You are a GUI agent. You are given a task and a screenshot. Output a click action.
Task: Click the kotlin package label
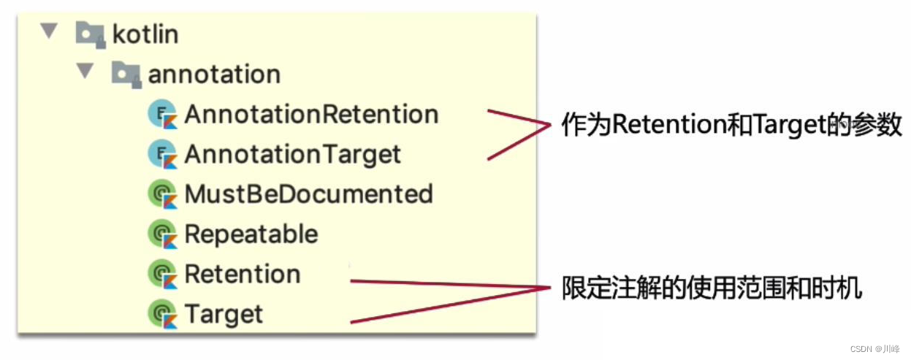145,34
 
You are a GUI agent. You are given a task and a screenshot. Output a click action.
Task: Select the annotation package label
214,74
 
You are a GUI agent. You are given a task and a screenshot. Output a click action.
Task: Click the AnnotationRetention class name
311,115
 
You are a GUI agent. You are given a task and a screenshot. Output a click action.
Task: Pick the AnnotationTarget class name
292,154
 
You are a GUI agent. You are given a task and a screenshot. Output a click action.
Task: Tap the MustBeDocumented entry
308,194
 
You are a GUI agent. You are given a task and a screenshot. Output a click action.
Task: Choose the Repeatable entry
251,234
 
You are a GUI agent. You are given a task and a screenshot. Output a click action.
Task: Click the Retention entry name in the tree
243,275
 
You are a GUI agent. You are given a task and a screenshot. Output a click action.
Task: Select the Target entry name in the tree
224,315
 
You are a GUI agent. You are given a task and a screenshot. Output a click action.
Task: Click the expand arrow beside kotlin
49,31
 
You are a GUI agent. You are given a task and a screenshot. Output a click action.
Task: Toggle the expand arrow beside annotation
85,72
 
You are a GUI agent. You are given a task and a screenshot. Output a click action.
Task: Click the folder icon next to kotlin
90,34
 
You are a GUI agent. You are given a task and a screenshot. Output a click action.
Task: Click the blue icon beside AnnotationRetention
163,115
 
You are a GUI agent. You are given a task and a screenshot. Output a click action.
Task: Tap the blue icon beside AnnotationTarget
163,154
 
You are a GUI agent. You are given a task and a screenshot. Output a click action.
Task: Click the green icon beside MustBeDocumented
163,194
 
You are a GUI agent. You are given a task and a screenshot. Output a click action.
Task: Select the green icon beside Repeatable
163,234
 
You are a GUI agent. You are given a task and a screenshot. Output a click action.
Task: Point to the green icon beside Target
163,315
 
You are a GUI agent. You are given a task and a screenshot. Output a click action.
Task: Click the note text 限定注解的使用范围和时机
712,288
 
